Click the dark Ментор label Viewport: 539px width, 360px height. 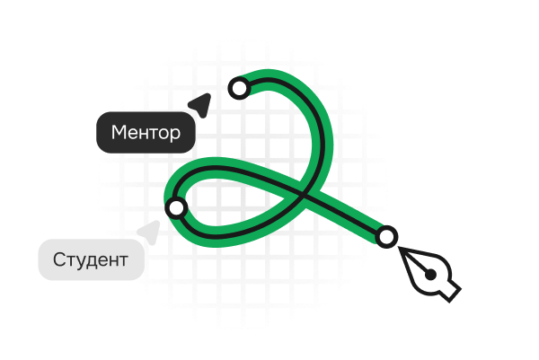click(146, 133)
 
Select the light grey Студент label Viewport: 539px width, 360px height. click(91, 261)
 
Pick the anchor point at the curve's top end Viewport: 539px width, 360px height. click(239, 87)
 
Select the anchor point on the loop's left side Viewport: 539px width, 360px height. click(176, 207)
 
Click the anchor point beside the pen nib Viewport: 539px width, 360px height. click(386, 237)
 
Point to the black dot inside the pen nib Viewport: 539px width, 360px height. click(431, 274)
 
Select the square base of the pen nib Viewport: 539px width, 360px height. click(448, 290)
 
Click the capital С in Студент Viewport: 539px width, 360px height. click(59, 261)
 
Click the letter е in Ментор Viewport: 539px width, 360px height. click(133, 134)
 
